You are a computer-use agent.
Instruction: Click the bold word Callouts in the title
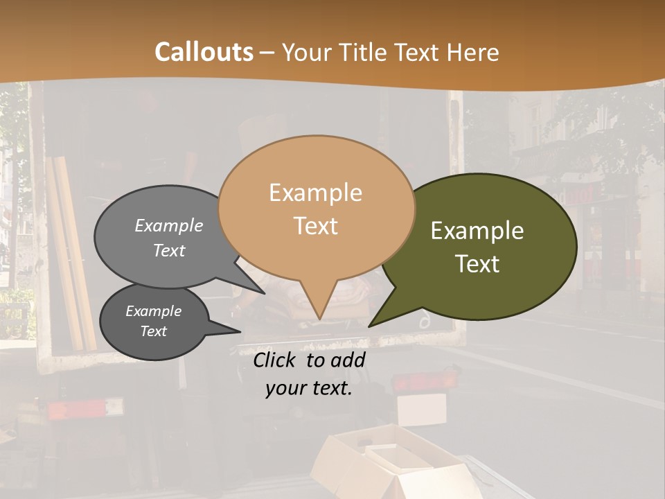tap(204, 52)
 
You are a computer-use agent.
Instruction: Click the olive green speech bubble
tap(485, 246)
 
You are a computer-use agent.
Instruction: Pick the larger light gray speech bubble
tap(166, 236)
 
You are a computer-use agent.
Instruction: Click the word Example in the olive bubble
tap(477, 231)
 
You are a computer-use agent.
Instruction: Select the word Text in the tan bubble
tap(316, 226)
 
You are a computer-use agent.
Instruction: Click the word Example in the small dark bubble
tap(154, 311)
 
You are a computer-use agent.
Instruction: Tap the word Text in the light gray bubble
tap(169, 250)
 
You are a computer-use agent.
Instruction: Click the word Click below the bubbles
tap(276, 360)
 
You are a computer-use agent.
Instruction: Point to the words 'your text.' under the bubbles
tap(309, 388)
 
